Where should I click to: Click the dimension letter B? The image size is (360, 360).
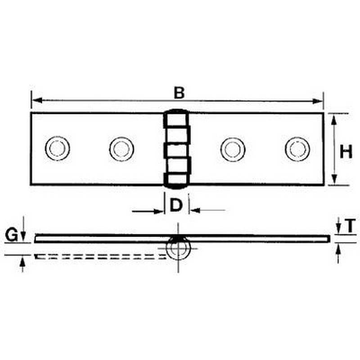tap(179, 93)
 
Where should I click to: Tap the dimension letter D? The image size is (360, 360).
tap(176, 205)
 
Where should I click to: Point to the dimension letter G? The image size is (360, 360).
tap(12, 235)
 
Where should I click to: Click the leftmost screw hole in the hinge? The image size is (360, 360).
tap(57, 148)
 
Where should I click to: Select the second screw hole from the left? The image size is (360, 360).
tap(121, 148)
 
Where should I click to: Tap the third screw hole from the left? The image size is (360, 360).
tap(233, 149)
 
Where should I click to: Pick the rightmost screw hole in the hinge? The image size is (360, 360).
tap(297, 149)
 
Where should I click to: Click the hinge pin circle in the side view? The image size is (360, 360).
tap(179, 248)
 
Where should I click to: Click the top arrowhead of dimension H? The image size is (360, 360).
tap(333, 117)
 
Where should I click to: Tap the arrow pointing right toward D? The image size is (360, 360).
tap(158, 210)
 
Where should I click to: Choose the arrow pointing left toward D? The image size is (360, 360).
tap(194, 210)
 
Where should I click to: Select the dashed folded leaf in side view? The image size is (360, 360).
tap(99, 256)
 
